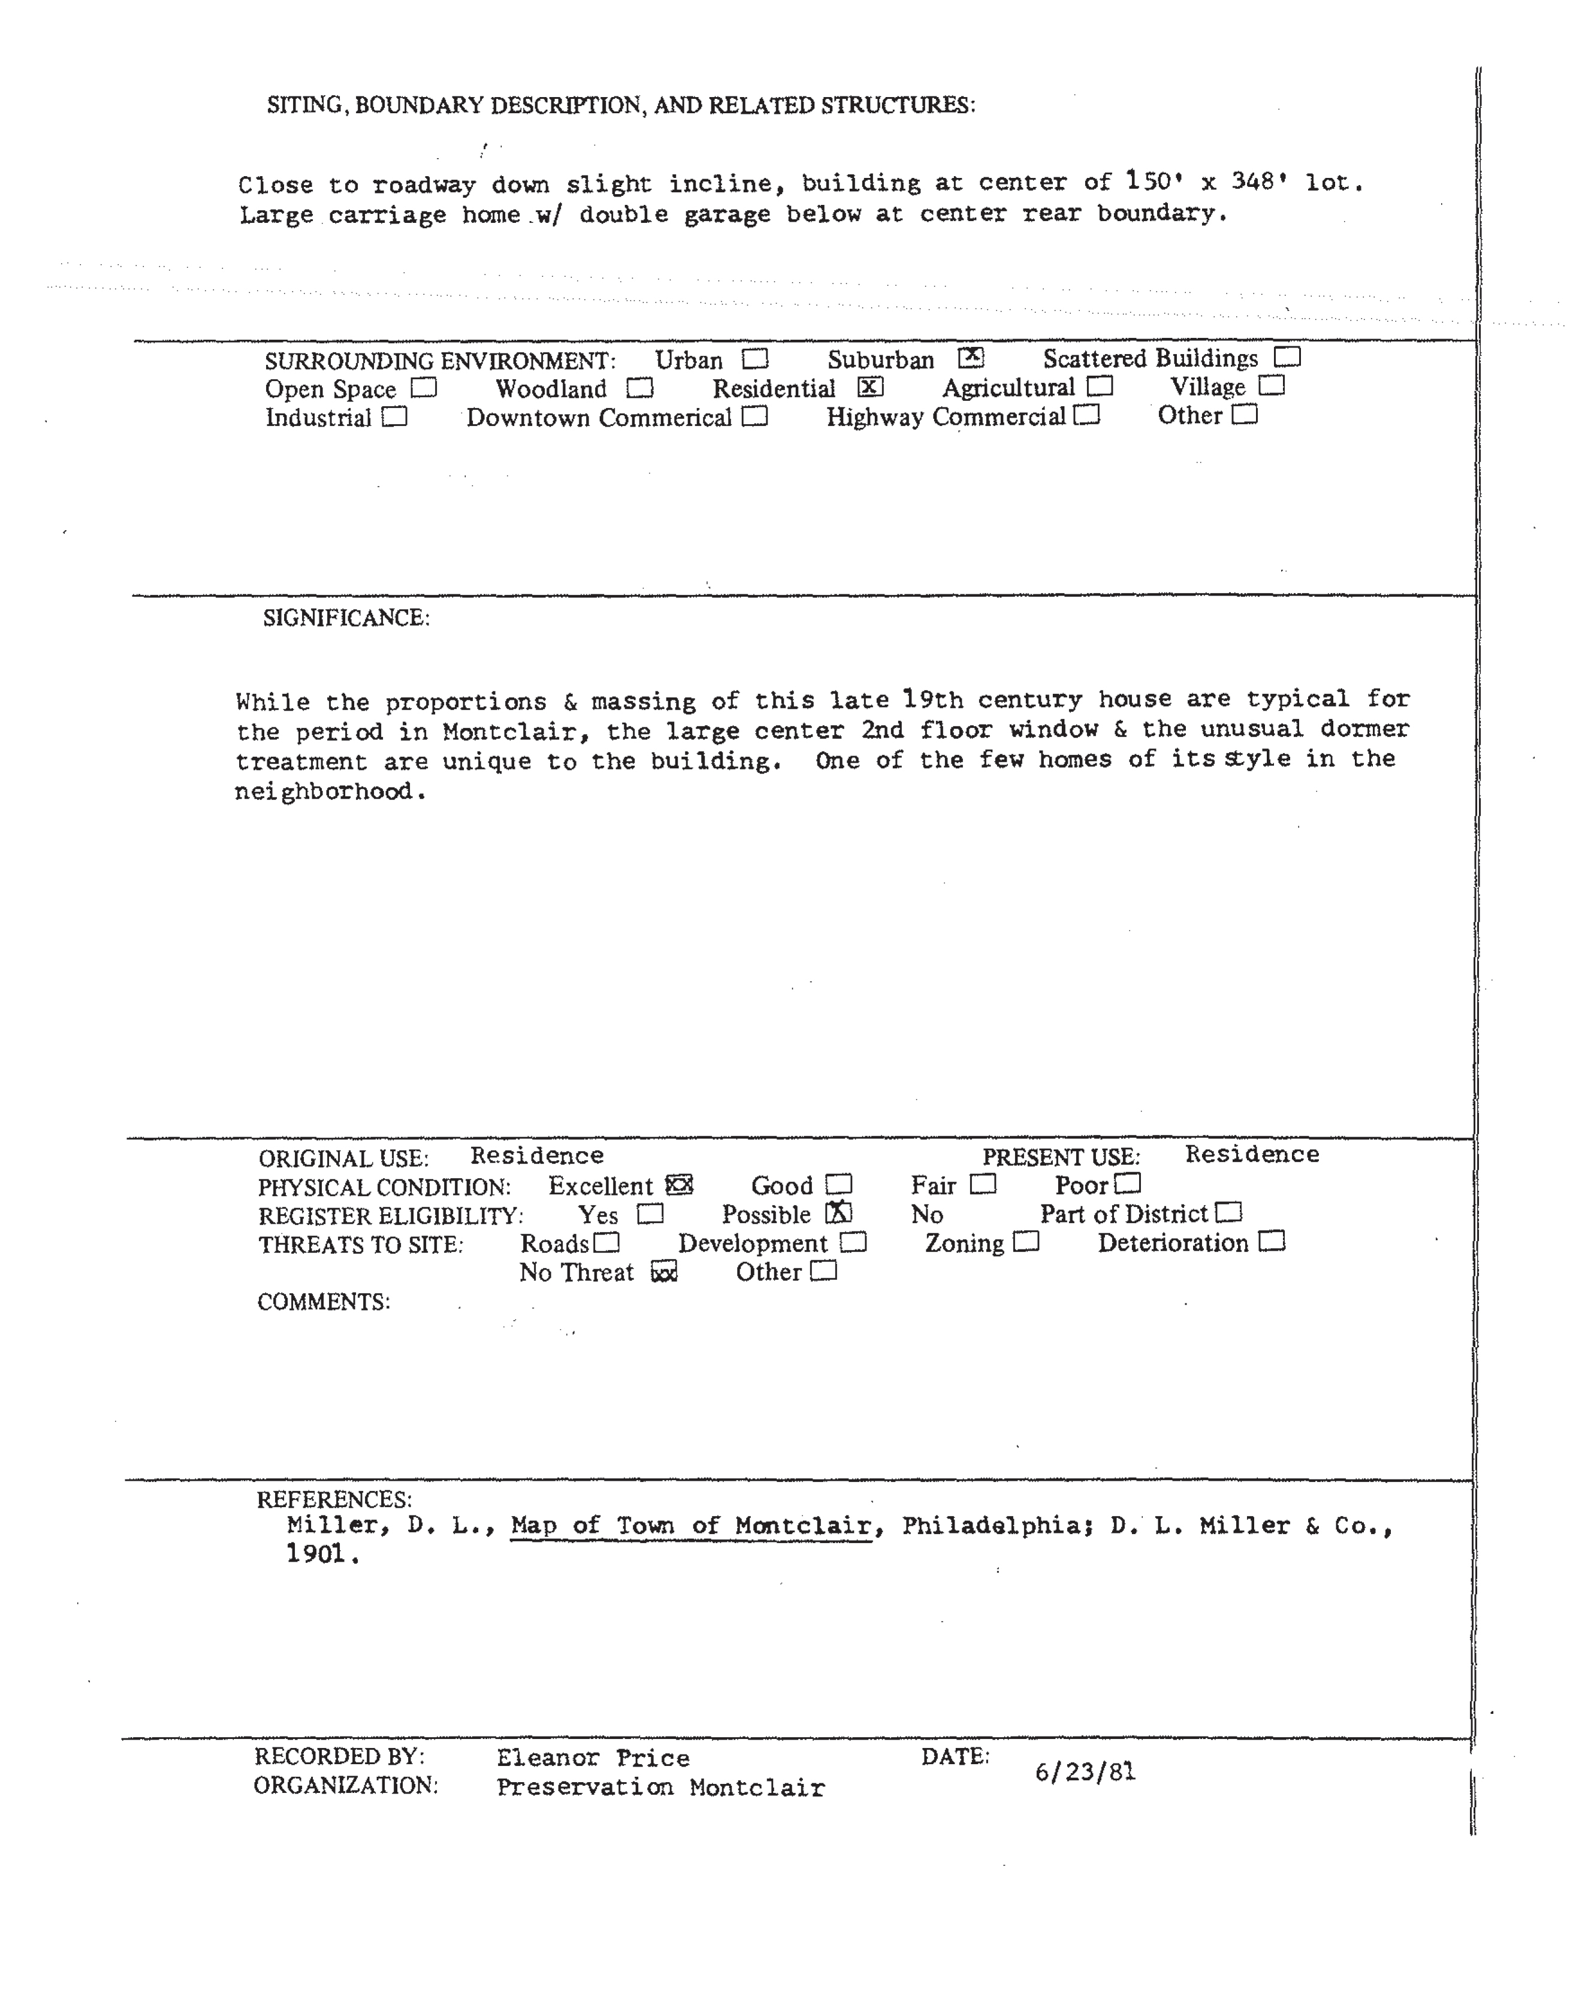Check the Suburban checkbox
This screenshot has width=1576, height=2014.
pyautogui.click(x=971, y=357)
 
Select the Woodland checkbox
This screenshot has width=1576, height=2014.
pyautogui.click(x=639, y=388)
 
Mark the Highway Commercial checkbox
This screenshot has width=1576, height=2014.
pyautogui.click(x=1087, y=415)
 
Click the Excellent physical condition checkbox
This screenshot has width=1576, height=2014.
pyautogui.click(x=679, y=1185)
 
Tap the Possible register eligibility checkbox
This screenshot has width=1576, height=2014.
pyautogui.click(x=839, y=1213)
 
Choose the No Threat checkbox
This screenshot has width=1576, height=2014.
pyautogui.click(x=665, y=1272)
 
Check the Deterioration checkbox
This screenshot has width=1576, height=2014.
pyautogui.click(x=1272, y=1242)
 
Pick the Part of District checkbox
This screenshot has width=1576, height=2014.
pyautogui.click(x=1229, y=1212)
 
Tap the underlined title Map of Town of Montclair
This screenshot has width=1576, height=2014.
pyautogui.click(x=691, y=1526)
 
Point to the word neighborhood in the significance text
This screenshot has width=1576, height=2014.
pyautogui.click(x=323, y=792)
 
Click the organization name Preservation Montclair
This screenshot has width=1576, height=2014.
pyautogui.click(x=660, y=1788)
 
